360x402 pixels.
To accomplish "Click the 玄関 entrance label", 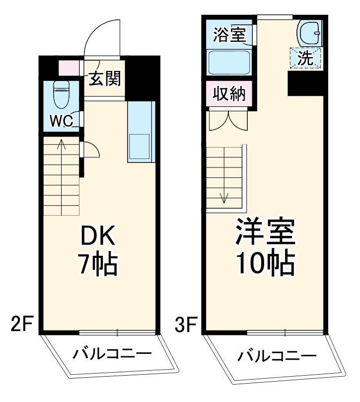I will point(105,79).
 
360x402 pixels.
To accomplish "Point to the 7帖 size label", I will point(98,264).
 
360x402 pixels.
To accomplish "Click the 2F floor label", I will point(22,326).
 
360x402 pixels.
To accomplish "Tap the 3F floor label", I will point(185,326).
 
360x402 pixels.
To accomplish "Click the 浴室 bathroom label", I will point(229,36).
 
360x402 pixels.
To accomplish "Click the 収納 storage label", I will point(229,93).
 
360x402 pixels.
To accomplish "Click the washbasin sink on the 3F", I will point(308,33).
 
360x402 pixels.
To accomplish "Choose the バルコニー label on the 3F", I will point(276,356).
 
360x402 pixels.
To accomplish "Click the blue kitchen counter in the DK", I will point(141,132).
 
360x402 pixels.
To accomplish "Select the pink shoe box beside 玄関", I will point(69,68).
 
